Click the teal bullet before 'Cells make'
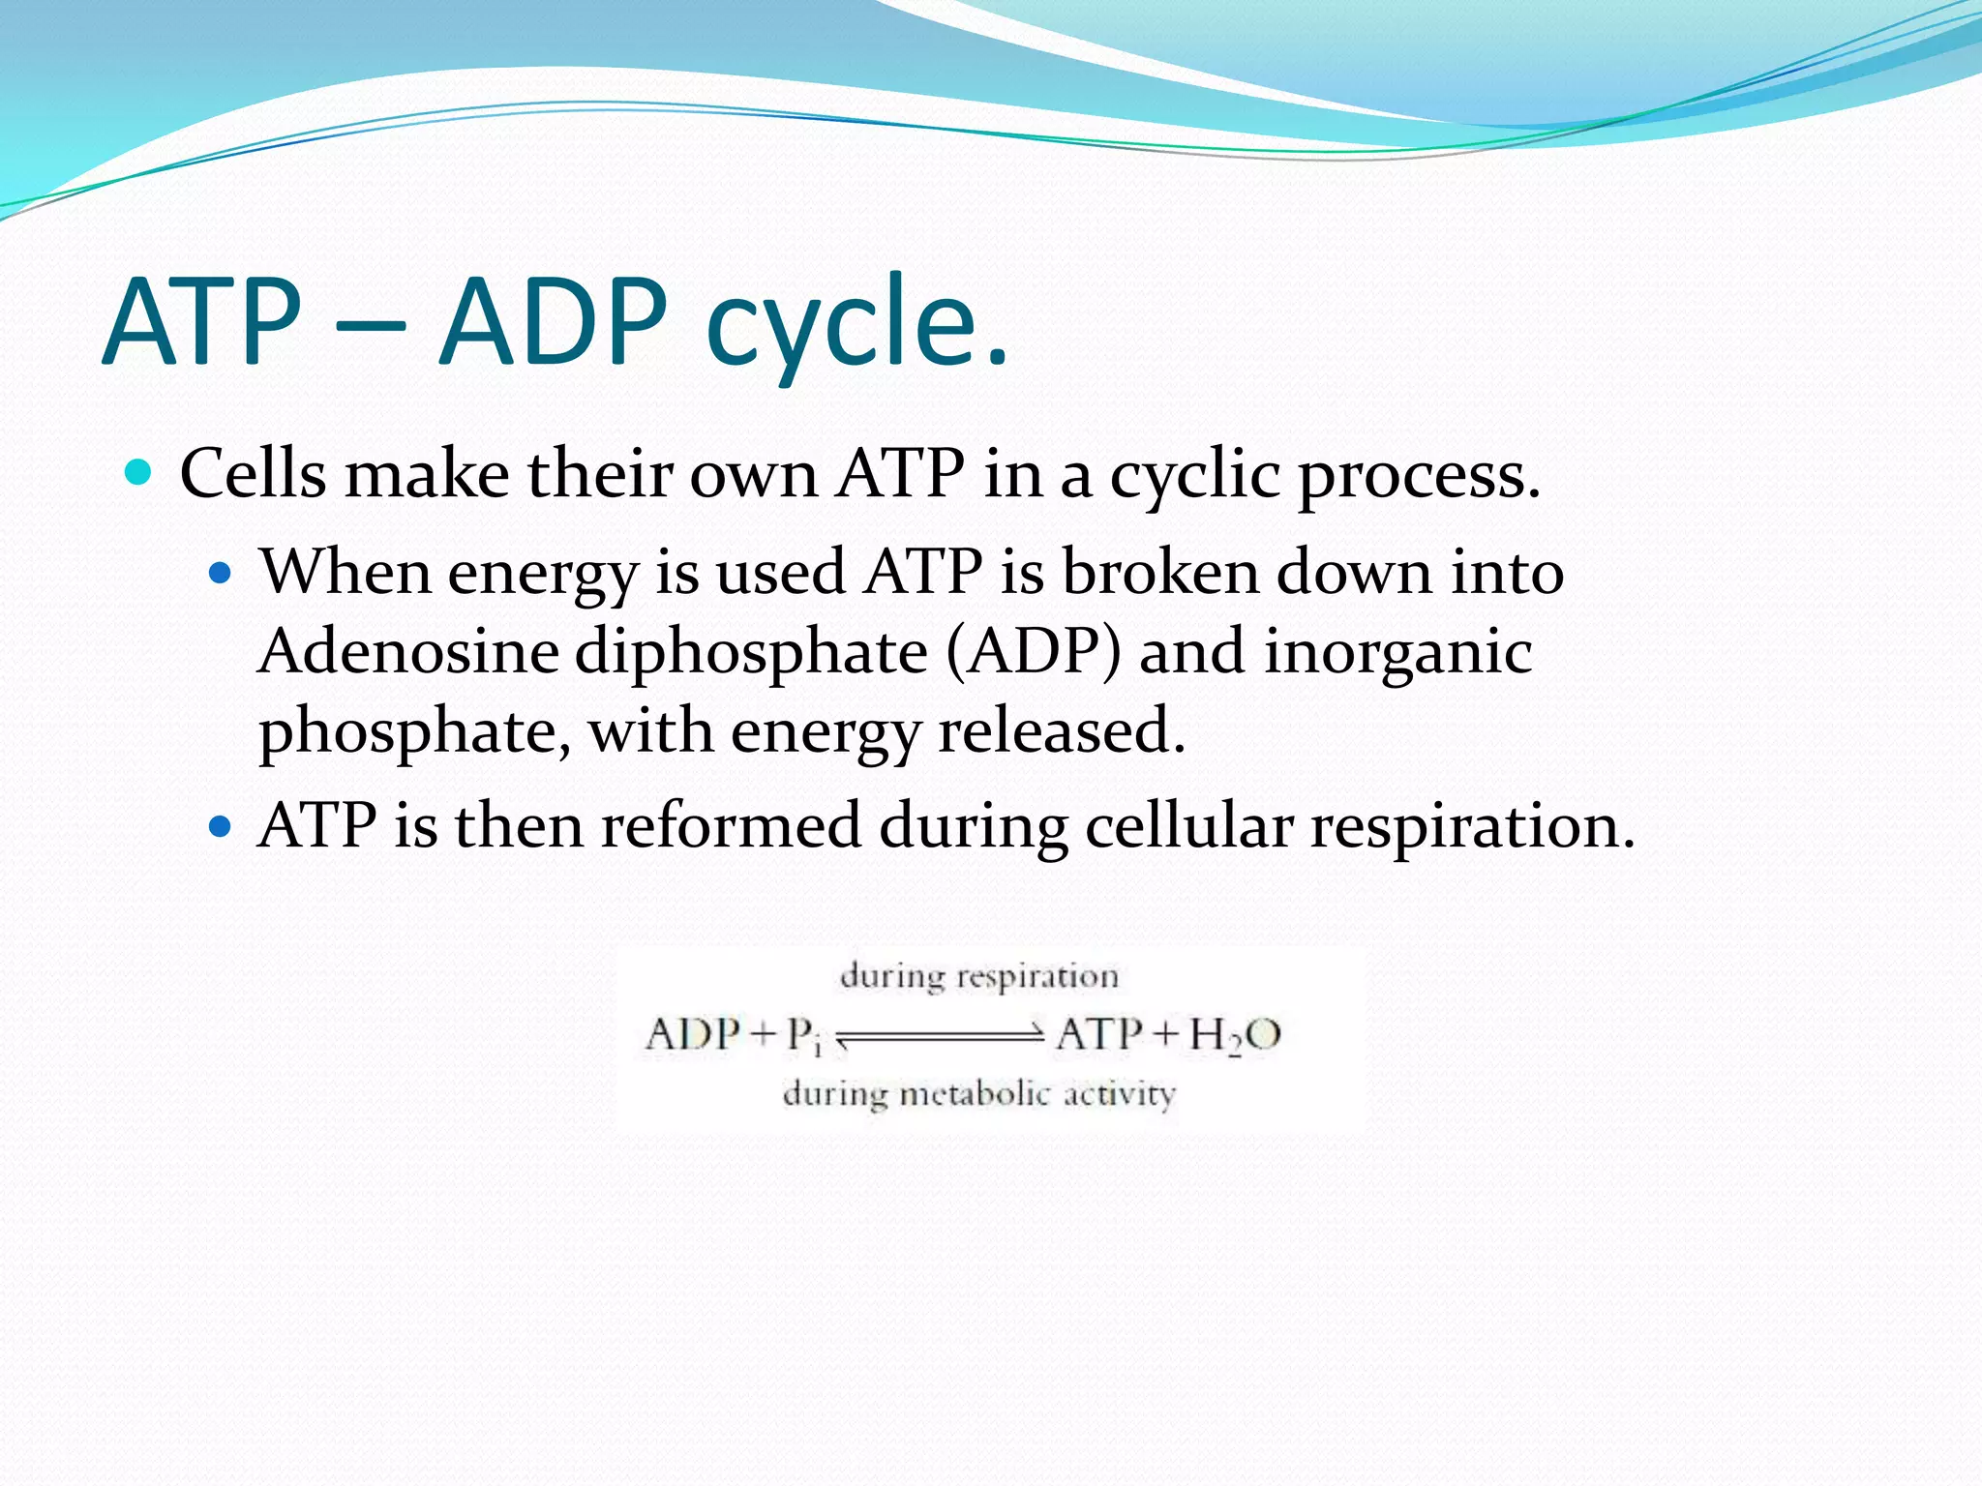(139, 473)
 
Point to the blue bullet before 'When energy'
(222, 573)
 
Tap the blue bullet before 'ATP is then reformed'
(222, 827)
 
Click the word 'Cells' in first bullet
(254, 474)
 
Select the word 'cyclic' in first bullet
(1194, 476)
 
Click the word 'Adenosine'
(408, 651)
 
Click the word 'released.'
(1061, 730)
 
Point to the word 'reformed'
(731, 827)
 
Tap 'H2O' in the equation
(1235, 1035)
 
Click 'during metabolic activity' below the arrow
(978, 1095)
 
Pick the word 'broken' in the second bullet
(1160, 572)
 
